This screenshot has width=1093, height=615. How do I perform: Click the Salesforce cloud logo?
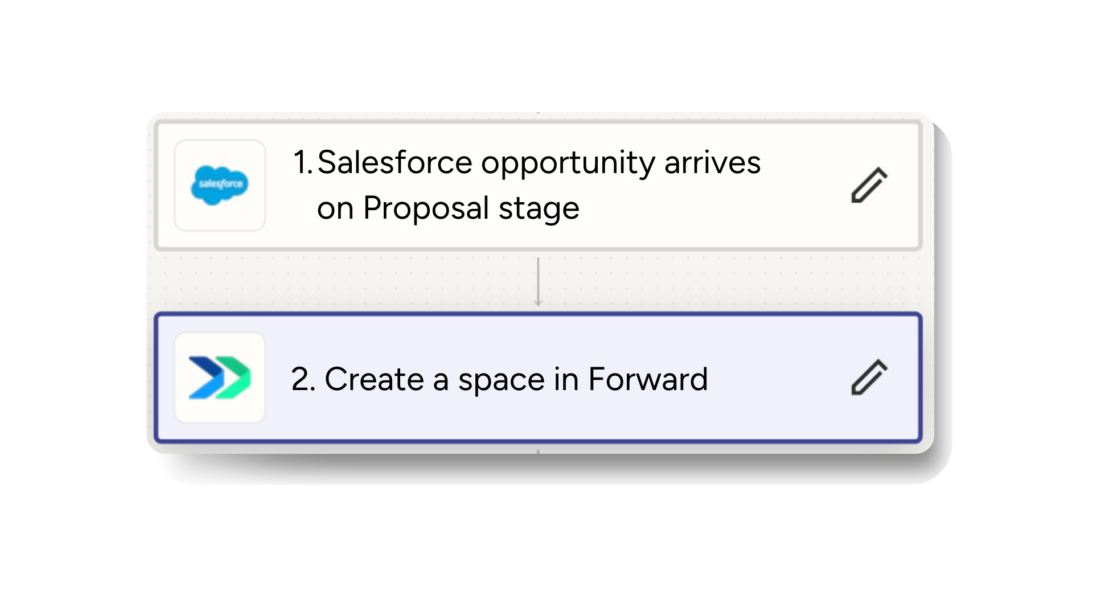coord(220,184)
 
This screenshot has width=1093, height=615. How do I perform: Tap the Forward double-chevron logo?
coord(220,378)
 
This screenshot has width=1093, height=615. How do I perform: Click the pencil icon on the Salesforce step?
coord(869,185)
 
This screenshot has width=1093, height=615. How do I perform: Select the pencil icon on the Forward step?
coord(869,377)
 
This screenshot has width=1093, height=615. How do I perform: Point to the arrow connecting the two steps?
coord(538,281)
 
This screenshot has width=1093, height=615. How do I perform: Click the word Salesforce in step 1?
coord(395,162)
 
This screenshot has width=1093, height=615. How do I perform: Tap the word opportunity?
coord(568,163)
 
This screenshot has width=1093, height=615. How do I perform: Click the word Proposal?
coord(426,208)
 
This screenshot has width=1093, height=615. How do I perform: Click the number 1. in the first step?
coord(303,162)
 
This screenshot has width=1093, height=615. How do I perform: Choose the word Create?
coord(374,379)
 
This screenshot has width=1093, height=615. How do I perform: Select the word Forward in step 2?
coord(648,379)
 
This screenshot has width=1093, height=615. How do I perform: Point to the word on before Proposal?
coord(335,208)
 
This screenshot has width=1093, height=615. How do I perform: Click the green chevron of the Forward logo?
coord(235,378)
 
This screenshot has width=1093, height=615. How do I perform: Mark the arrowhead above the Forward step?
coord(538,302)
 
